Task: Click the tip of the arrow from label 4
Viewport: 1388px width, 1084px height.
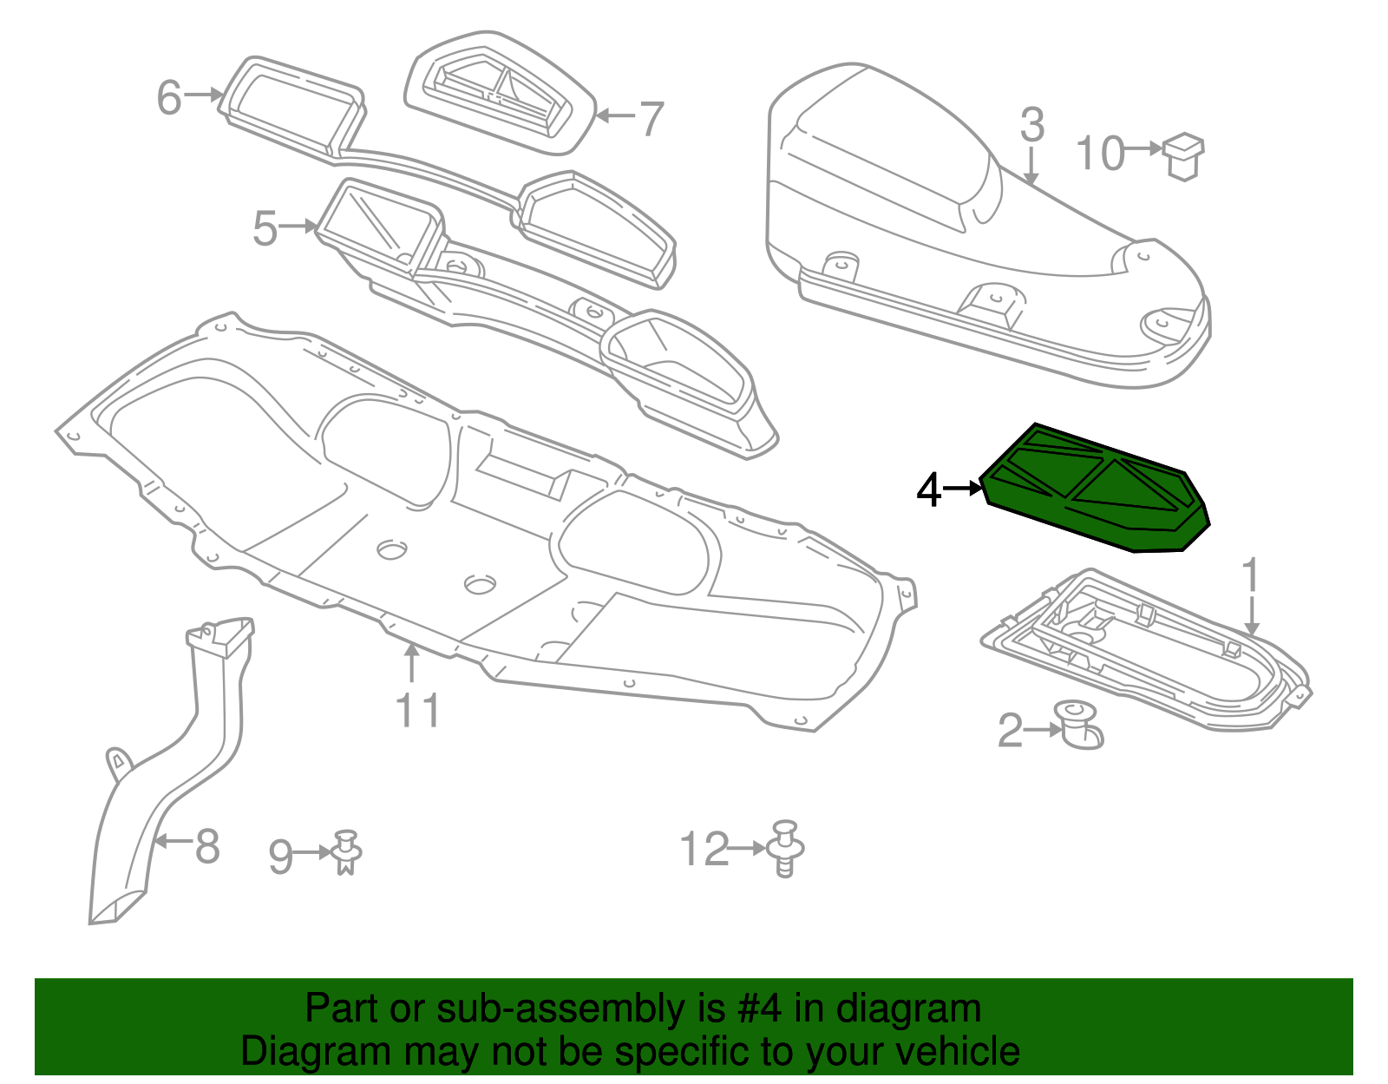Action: (x=982, y=489)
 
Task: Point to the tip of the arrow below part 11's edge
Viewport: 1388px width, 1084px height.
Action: (x=413, y=644)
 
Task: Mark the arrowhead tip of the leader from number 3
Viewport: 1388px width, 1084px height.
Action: (x=1031, y=185)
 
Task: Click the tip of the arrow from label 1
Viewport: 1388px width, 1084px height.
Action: (x=1251, y=636)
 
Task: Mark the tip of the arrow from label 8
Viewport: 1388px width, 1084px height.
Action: (x=155, y=841)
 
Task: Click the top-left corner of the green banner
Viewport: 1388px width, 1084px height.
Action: (x=35, y=979)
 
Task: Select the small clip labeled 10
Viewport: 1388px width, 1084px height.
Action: (x=1184, y=157)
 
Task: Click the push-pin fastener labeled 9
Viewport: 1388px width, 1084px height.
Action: (x=345, y=852)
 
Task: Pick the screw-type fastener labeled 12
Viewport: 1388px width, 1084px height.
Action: (x=786, y=849)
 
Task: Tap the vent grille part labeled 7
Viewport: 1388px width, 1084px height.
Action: (x=501, y=93)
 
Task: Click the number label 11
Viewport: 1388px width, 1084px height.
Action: (x=418, y=710)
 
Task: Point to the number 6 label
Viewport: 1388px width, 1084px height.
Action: (x=169, y=98)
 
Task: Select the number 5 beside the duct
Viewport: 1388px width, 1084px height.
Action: (x=265, y=228)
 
